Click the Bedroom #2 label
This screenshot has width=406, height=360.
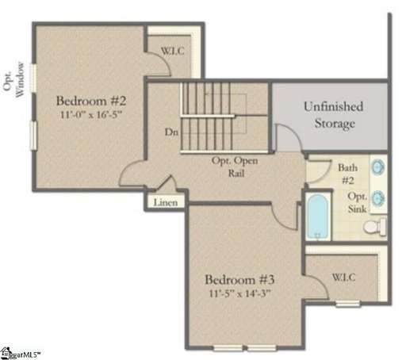coord(92,101)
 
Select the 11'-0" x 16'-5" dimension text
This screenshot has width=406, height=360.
coord(92,115)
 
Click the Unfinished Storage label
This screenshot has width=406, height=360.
coord(332,114)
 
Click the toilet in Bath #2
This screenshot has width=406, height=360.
coord(373,228)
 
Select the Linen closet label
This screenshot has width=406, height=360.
coord(165,202)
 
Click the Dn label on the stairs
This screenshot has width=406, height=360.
coord(170,132)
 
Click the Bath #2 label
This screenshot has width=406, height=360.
coord(348,174)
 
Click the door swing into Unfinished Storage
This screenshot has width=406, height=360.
coord(285,136)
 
